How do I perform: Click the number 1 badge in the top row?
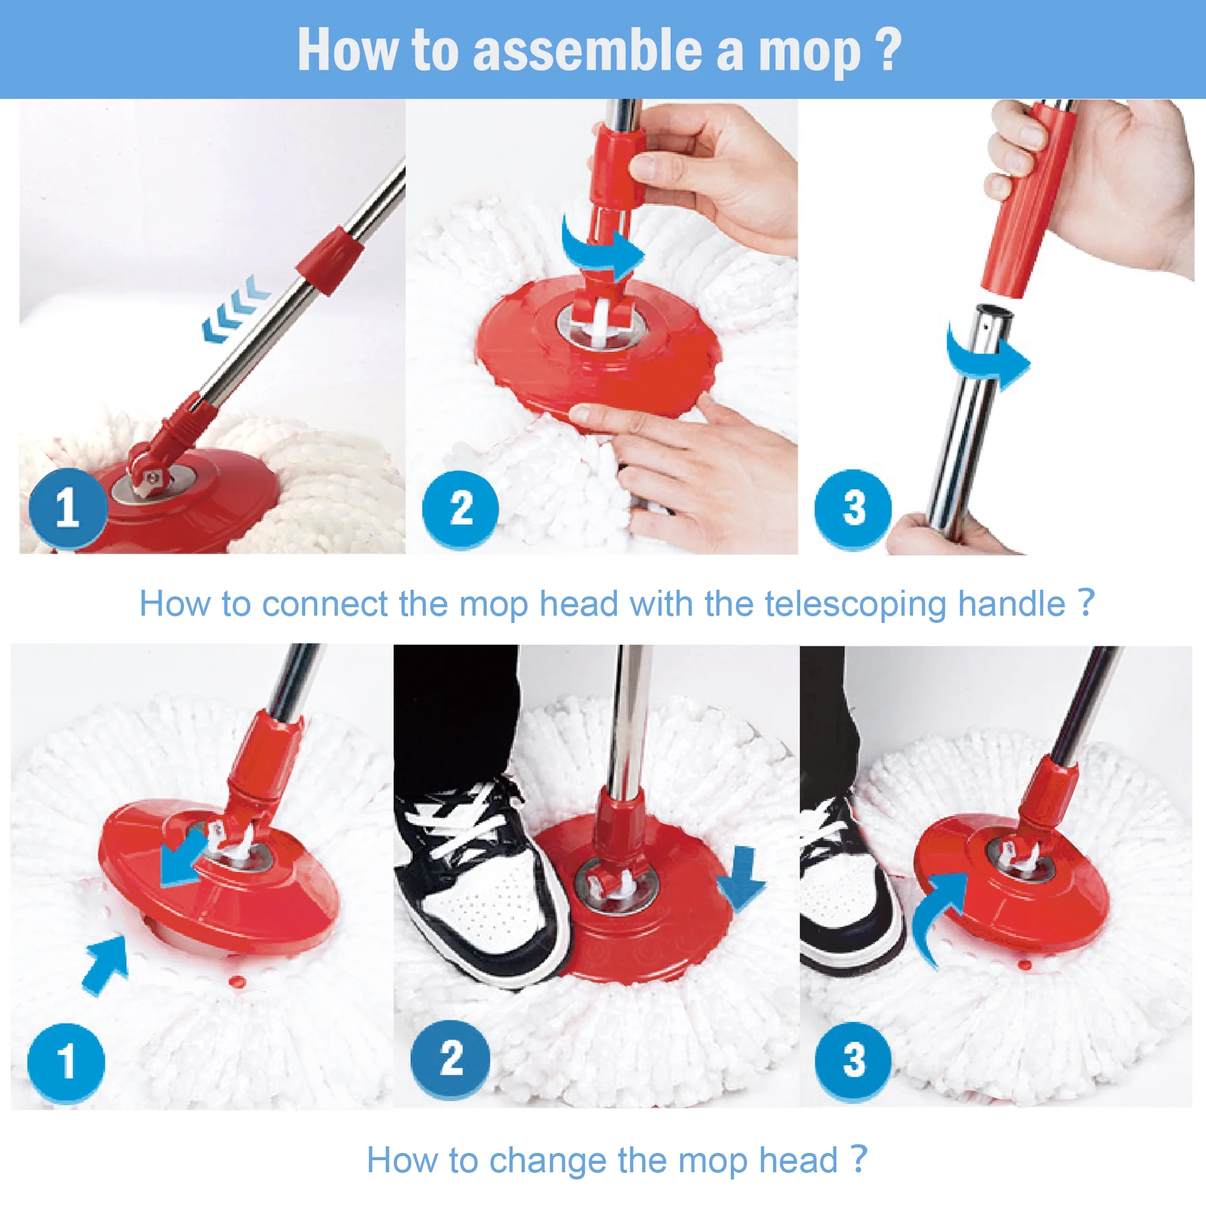point(68,508)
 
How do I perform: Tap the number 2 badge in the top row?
point(461,509)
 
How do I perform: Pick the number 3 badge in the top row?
point(853,508)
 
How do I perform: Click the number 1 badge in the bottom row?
point(66,1062)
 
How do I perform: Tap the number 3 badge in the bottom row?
point(853,1061)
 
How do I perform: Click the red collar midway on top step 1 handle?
point(330,261)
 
